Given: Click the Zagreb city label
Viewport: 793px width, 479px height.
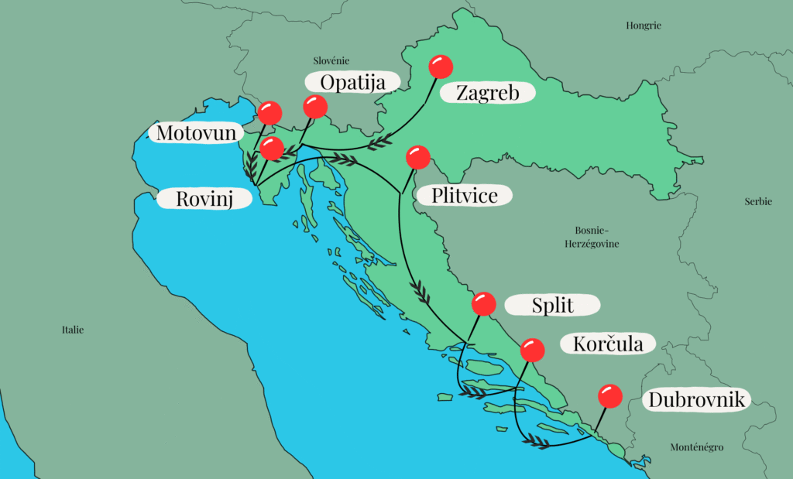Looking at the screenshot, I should pos(487,93).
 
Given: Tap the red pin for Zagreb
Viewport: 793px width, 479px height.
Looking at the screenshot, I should pos(441,66).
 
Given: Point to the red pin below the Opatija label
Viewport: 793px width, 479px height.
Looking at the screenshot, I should pos(315,107).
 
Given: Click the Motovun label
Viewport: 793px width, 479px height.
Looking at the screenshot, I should pos(196,133).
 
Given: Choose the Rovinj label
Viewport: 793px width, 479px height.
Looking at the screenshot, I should pos(205,199).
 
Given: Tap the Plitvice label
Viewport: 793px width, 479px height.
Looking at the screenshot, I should pos(465,194).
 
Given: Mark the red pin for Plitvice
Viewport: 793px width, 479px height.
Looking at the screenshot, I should pos(417,157).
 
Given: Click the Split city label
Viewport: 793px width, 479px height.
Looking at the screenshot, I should pos(552,305).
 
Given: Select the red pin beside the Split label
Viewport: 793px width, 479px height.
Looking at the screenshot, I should pos(483,303).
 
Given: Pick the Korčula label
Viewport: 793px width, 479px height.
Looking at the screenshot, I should pos(608,344).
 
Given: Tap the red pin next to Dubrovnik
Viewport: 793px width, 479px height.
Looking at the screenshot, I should pos(610,396).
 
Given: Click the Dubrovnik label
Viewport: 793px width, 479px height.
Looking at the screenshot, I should pos(697,400).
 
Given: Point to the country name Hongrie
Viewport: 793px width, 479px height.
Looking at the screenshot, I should pos(644,26).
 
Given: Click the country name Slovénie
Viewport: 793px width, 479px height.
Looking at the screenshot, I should pos(331,60).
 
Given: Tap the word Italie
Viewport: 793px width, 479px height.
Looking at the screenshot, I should pos(73,330).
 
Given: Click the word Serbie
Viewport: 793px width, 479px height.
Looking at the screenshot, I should pos(758,201).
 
